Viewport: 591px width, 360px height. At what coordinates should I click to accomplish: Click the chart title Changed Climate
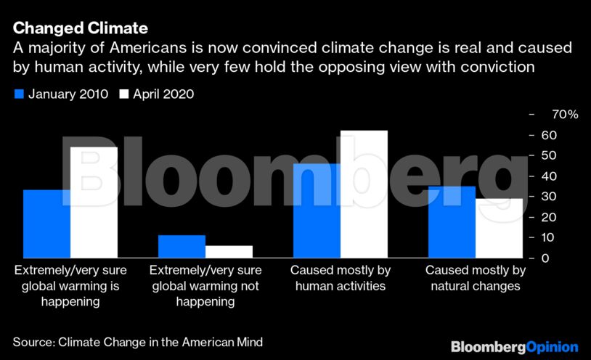pyautogui.click(x=81, y=28)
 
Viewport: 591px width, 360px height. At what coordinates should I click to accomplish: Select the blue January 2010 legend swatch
pyautogui.click(x=19, y=94)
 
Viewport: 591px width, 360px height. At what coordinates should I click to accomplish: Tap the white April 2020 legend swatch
pyautogui.click(x=123, y=94)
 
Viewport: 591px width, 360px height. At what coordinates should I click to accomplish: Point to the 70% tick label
pyautogui.click(x=564, y=115)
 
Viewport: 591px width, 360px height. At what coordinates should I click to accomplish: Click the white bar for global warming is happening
pyautogui.click(x=94, y=202)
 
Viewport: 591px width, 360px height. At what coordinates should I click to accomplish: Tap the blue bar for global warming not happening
pyautogui.click(x=182, y=246)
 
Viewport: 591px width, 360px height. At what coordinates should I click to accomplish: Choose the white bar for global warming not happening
pyautogui.click(x=229, y=251)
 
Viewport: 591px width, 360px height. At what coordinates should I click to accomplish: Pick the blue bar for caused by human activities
pyautogui.click(x=317, y=210)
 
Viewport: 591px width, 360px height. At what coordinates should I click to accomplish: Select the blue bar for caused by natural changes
pyautogui.click(x=452, y=222)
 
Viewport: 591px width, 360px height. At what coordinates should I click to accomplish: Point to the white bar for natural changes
pyautogui.click(x=499, y=228)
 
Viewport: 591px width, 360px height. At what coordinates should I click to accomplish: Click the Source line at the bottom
pyautogui.click(x=137, y=341)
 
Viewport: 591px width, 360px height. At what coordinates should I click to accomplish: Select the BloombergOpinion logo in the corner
pyautogui.click(x=514, y=347)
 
